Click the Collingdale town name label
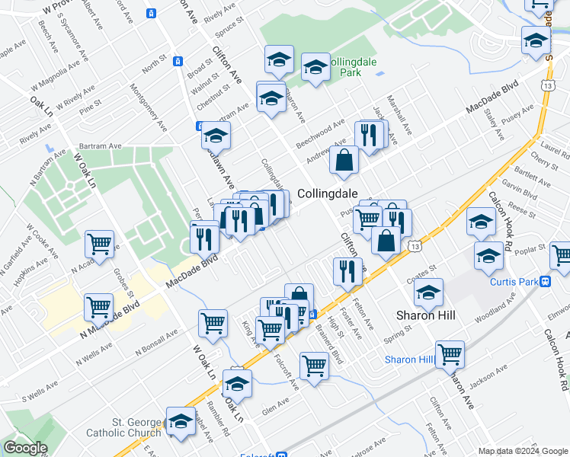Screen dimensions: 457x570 pyautogui.click(x=328, y=193)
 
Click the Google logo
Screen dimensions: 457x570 pyautogui.click(x=25, y=448)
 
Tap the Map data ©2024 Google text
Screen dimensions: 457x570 pyautogui.click(x=523, y=451)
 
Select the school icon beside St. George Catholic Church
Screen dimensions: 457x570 pyautogui.click(x=181, y=420)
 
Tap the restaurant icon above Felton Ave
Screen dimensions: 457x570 pyautogui.click(x=347, y=270)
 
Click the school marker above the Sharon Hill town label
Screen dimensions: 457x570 pyautogui.click(x=428, y=292)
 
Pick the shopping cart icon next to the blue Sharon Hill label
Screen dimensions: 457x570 pyautogui.click(x=450, y=353)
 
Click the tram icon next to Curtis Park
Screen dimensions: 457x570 pyautogui.click(x=546, y=282)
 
